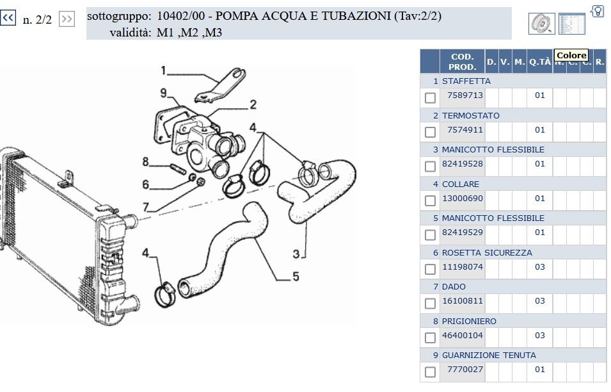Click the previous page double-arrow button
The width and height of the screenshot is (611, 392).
pos(8,17)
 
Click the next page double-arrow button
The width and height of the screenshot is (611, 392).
pos(67,19)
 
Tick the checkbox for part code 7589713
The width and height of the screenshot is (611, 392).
pos(430,98)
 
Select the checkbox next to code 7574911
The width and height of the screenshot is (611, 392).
pos(430,132)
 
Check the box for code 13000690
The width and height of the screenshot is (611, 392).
pos(430,201)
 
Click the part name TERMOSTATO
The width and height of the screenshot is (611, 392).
pos(470,115)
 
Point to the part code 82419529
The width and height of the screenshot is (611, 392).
pos(462,233)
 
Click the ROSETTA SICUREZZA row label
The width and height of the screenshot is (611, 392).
pos(487,253)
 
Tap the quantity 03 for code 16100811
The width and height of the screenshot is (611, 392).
pos(540,301)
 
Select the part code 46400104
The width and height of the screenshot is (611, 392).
pos(462,336)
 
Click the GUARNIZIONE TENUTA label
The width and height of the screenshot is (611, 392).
pos(489,355)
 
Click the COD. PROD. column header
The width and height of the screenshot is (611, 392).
pos(462,61)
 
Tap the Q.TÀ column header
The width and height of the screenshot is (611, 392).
pos(540,61)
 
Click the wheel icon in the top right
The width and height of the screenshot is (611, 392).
pos(542,24)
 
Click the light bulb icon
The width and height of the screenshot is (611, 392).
pos(597,11)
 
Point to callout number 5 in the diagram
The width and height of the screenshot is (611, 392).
pos(296,277)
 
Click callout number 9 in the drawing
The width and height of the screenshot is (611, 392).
pos(164,93)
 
